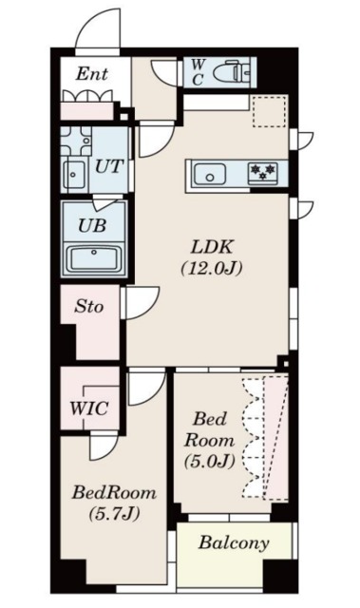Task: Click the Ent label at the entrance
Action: click(x=91, y=74)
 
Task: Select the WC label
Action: click(x=198, y=72)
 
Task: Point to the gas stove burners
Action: click(x=263, y=173)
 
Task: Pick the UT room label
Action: click(x=109, y=167)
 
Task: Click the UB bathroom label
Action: click(x=92, y=225)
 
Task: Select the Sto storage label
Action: click(x=88, y=307)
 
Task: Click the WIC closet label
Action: click(x=88, y=408)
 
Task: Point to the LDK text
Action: click(x=212, y=247)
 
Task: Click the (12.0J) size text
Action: click(x=212, y=268)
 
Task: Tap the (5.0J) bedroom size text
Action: click(x=210, y=461)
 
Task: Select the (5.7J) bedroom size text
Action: click(x=114, y=514)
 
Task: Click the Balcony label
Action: click(x=234, y=542)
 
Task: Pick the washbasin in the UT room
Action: click(x=74, y=175)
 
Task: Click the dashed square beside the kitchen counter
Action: click(x=270, y=111)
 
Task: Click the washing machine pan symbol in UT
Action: click(x=76, y=141)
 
